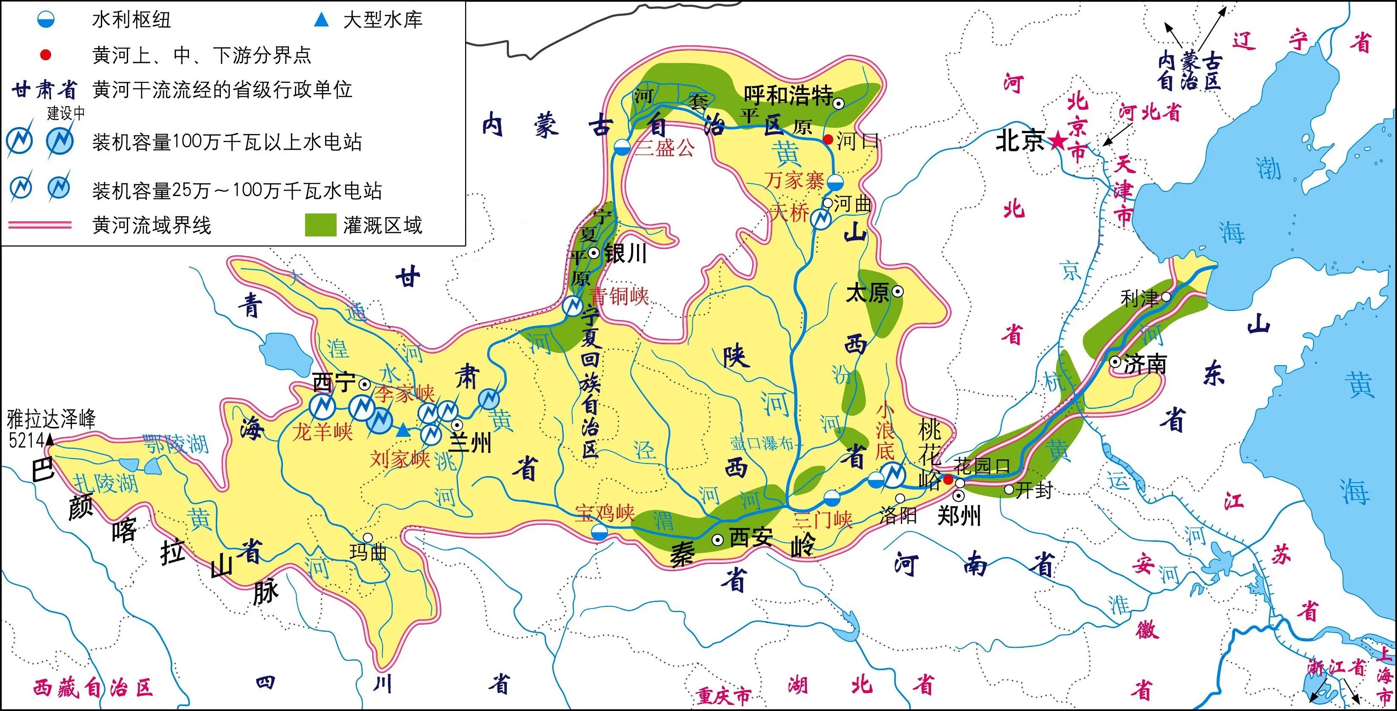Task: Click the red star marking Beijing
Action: [1057, 142]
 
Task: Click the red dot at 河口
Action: [828, 140]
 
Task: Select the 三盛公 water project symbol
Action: [622, 147]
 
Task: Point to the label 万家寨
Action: [794, 180]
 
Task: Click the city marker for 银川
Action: [594, 253]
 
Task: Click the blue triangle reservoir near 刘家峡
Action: [403, 431]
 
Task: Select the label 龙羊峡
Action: [322, 432]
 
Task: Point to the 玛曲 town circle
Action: [368, 538]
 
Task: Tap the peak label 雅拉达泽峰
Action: [51, 419]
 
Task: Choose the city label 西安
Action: [751, 537]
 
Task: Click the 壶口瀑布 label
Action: [762, 444]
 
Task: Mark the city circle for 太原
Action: [897, 292]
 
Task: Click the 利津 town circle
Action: [1166, 296]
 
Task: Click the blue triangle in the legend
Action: [322, 20]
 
